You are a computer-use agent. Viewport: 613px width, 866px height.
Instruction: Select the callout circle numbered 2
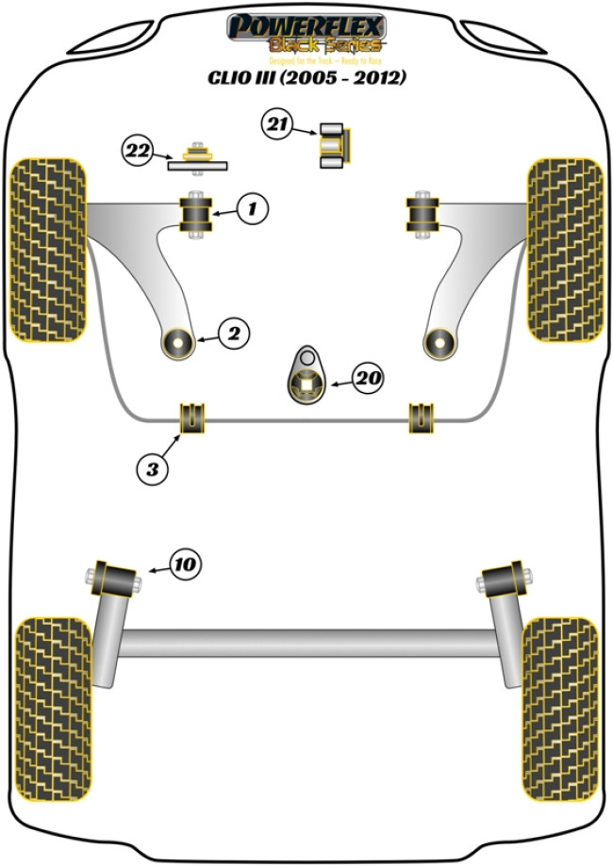click(234, 332)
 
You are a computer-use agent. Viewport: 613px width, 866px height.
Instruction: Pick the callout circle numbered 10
click(186, 564)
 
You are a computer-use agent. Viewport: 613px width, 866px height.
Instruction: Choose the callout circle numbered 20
click(367, 379)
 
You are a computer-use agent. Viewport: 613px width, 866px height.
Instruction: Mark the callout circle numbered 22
click(137, 149)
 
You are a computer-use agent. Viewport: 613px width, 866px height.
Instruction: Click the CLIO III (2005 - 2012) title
click(307, 77)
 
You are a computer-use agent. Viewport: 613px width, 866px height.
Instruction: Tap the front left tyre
click(48, 249)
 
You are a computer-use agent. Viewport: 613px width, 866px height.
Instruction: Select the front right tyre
click(565, 249)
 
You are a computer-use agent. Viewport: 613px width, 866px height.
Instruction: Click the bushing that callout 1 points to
click(197, 214)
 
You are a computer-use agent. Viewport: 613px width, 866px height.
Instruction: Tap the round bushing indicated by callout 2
click(177, 342)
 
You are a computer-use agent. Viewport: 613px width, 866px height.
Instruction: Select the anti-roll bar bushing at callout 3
click(192, 417)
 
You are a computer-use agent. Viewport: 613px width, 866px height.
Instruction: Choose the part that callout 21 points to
click(332, 145)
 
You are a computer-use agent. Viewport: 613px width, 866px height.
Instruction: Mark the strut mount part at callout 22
click(198, 157)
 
